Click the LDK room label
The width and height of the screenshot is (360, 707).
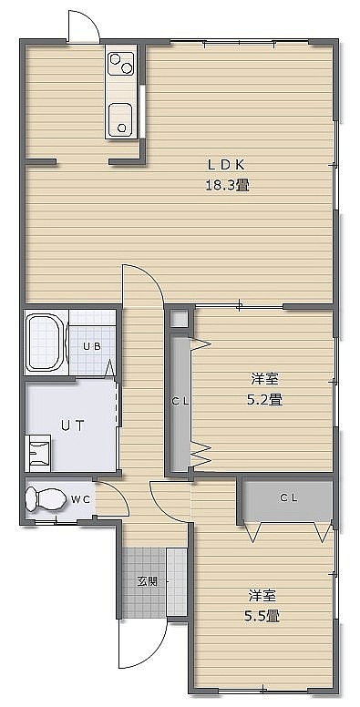pyautogui.click(x=226, y=165)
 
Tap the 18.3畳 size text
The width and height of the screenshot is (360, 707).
pyautogui.click(x=227, y=185)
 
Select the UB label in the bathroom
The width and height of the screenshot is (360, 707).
pyautogui.click(x=91, y=347)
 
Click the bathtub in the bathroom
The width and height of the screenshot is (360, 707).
pyautogui.click(x=44, y=343)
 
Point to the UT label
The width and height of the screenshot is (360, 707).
pyautogui.click(x=73, y=425)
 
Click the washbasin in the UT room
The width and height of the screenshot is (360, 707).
pyautogui.click(x=38, y=452)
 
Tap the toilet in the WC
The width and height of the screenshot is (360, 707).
pyautogui.click(x=44, y=499)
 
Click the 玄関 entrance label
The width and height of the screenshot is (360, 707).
pyautogui.click(x=148, y=581)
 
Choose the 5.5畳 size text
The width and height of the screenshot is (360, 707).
pyautogui.click(x=261, y=616)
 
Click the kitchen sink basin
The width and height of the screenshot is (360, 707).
pyautogui.click(x=121, y=118)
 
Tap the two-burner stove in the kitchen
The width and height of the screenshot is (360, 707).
pyautogui.click(x=121, y=63)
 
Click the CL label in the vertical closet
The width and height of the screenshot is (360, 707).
pyautogui.click(x=180, y=401)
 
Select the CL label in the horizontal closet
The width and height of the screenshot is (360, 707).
pyautogui.click(x=289, y=497)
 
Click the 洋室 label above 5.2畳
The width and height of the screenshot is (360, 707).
pyautogui.click(x=264, y=379)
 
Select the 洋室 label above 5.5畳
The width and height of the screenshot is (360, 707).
pyautogui.click(x=262, y=595)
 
